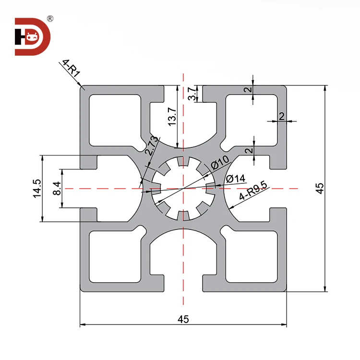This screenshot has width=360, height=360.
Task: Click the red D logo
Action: (x=32, y=36)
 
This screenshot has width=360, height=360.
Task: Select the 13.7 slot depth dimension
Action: (x=172, y=117)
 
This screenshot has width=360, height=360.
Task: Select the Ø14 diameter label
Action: (x=235, y=179)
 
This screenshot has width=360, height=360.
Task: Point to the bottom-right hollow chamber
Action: (x=251, y=257)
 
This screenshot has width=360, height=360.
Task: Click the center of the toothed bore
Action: (x=183, y=189)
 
